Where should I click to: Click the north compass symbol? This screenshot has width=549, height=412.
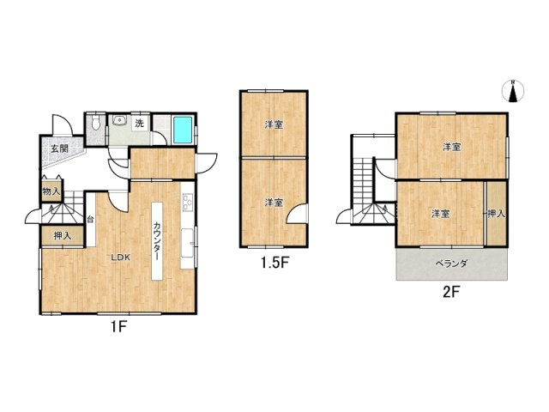[x=513, y=92]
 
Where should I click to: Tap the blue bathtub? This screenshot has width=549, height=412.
[x=183, y=130]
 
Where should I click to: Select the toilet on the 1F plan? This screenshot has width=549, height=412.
[x=95, y=123]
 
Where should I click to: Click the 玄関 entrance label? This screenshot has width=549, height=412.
[x=59, y=148]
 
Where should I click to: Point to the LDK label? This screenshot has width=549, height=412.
[x=121, y=257]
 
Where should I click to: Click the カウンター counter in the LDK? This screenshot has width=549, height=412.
[x=157, y=241]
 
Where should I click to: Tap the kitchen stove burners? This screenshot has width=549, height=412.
[x=188, y=203]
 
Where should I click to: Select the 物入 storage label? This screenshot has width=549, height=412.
[x=51, y=191]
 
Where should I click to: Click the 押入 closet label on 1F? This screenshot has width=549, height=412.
[x=63, y=236]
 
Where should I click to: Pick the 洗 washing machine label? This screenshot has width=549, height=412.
[x=139, y=124]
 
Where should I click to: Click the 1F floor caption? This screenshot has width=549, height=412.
[x=118, y=327]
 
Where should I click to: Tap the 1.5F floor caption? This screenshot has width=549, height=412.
[x=274, y=263]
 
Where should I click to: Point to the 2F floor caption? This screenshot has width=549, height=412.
[x=451, y=292]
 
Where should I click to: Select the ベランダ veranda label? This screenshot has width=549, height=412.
[x=451, y=264]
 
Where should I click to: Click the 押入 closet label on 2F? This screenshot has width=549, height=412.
[x=496, y=214]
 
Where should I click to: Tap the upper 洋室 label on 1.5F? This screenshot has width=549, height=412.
[x=274, y=124]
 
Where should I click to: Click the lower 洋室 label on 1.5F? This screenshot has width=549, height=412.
[x=274, y=203]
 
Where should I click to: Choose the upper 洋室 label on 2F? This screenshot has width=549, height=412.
[x=452, y=147]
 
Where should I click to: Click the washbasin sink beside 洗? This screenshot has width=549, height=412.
[x=119, y=121]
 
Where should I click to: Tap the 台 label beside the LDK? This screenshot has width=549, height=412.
[x=90, y=220]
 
